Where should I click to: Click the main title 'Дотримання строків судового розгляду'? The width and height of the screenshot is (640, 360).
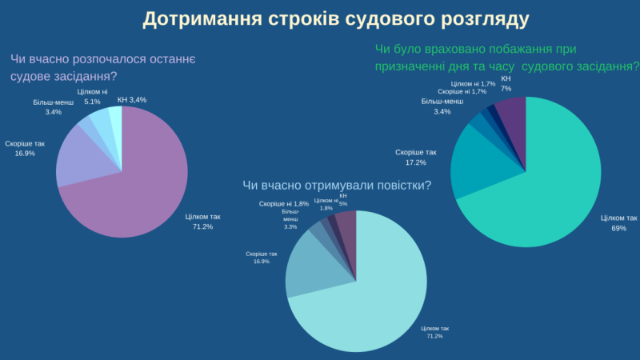[335, 18]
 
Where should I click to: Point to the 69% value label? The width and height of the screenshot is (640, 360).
[618, 228]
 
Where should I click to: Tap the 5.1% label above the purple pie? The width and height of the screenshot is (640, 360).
[93, 102]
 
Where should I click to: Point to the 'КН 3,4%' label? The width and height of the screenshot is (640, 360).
[132, 99]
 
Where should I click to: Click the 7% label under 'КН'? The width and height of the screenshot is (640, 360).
[506, 88]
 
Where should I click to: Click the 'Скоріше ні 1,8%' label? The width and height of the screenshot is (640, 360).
[284, 204]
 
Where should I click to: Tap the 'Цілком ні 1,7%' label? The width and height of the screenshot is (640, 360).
[473, 84]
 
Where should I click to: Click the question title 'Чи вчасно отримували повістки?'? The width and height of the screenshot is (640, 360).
[337, 186]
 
